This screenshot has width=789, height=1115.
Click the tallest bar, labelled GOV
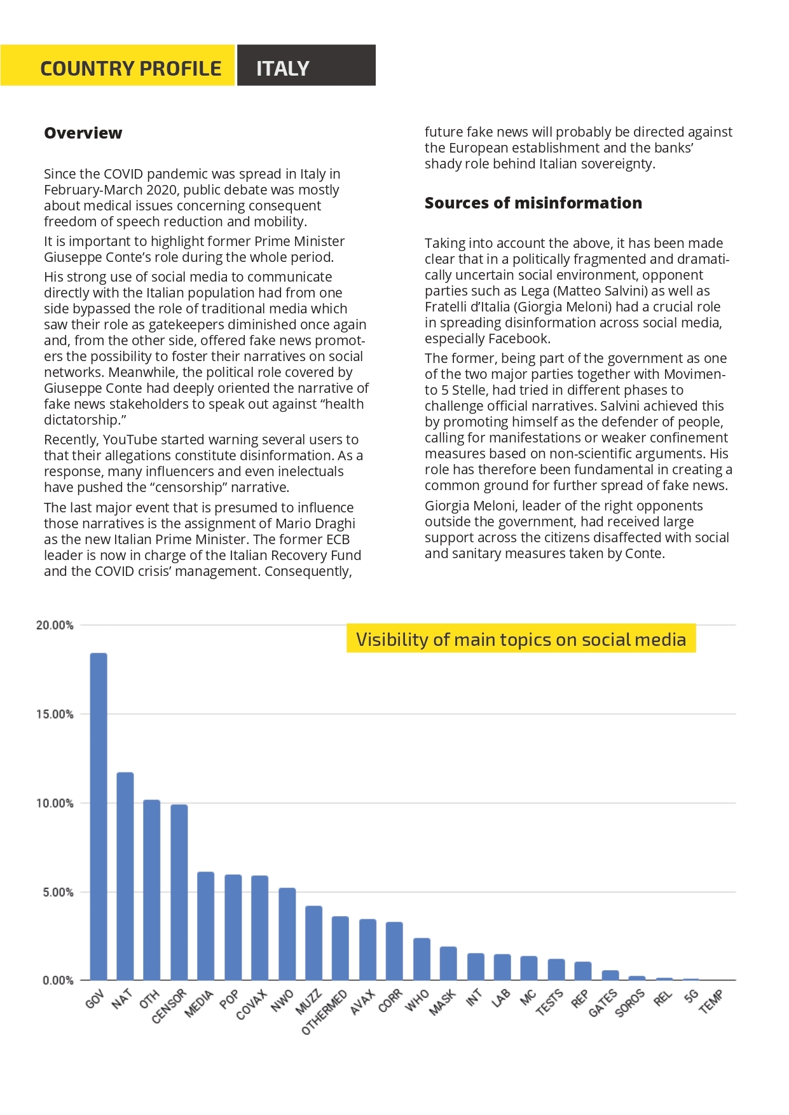click(99, 816)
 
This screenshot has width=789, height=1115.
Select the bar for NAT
click(125, 876)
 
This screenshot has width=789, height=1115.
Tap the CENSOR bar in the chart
click(179, 893)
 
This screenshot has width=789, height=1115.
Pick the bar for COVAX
click(260, 928)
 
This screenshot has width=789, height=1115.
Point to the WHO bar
click(422, 959)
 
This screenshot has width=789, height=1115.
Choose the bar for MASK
click(448, 964)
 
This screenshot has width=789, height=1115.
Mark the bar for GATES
click(610, 975)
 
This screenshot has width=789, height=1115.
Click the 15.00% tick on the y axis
click(55, 714)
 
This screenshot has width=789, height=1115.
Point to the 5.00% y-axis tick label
click(58, 892)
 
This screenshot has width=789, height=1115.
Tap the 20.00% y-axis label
click(55, 625)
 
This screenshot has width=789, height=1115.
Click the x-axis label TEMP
click(711, 1001)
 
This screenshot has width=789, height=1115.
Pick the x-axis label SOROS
click(630, 1003)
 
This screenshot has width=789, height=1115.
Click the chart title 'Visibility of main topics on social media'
click(521, 639)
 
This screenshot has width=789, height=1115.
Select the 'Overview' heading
click(83, 133)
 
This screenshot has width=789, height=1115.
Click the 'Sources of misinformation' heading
click(533, 203)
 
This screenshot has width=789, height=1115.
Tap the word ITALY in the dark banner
click(283, 68)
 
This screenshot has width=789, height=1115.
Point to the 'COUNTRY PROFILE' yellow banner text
click(131, 68)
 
